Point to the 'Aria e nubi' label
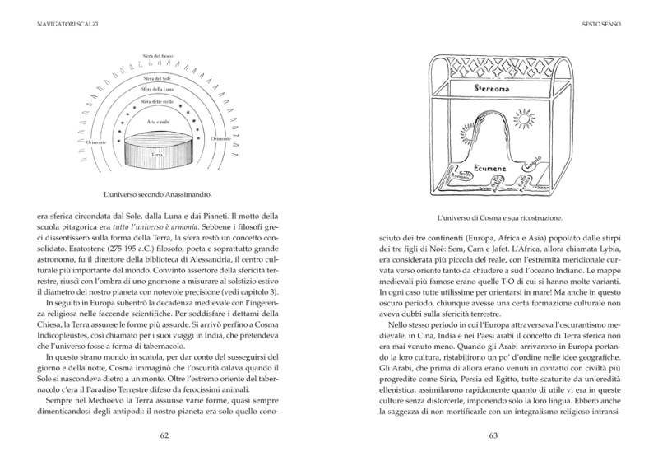point(157,122)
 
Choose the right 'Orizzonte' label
point(220,139)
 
